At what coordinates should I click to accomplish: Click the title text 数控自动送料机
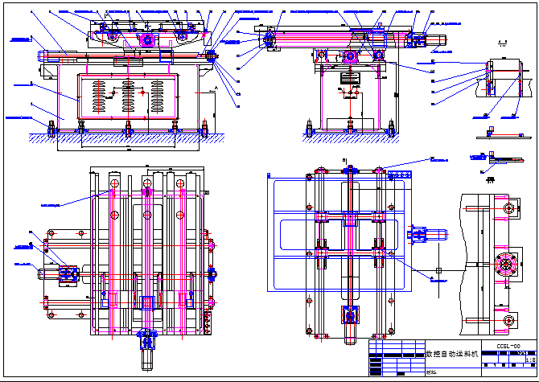[451, 353]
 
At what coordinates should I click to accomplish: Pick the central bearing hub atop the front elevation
[147, 40]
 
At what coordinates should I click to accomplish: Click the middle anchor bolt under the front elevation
[129, 125]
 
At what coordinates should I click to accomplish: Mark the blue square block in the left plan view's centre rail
[147, 302]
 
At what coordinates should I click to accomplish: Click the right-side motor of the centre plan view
[424, 234]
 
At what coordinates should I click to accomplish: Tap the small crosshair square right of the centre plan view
[438, 270]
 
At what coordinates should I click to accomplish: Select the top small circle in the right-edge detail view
[508, 210]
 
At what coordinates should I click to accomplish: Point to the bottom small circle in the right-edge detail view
[508, 320]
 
